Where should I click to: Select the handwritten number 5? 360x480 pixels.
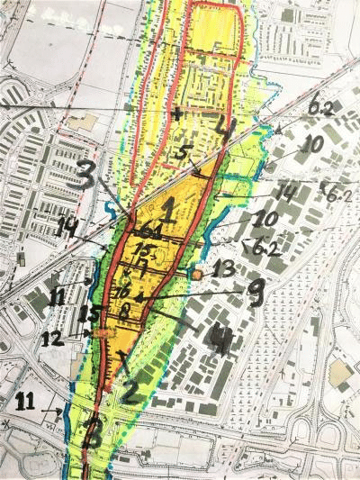click(x=184, y=152)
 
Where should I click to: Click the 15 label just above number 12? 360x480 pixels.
click(x=88, y=314)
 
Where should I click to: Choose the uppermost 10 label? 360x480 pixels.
click(x=312, y=144)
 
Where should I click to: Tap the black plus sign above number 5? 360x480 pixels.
click(x=176, y=114)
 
